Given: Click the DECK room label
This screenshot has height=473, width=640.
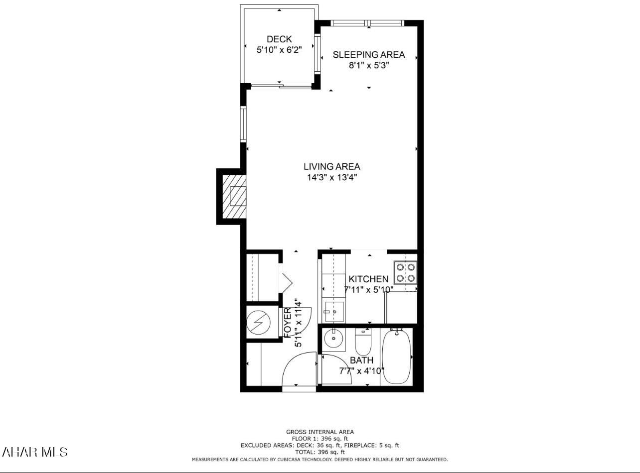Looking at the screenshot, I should [x=279, y=39].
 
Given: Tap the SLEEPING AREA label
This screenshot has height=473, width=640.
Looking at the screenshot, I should [x=369, y=54].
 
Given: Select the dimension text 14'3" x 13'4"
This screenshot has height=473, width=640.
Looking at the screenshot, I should [x=332, y=177].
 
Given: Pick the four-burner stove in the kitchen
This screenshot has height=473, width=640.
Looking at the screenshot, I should [x=405, y=272].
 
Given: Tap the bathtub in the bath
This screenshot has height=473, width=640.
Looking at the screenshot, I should [x=396, y=356].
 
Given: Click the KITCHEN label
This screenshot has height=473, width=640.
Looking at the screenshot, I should [x=368, y=279].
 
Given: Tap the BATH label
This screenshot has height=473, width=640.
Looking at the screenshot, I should [x=361, y=360].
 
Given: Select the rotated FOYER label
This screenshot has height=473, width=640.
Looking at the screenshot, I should [x=288, y=323].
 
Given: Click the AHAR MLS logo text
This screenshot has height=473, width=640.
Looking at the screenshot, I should [x=35, y=452].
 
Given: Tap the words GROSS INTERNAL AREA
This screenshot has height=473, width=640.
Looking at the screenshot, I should [x=320, y=432].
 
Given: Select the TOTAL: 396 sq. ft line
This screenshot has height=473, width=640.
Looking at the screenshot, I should [x=320, y=452].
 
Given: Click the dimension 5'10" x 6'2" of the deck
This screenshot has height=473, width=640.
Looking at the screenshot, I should [x=279, y=50].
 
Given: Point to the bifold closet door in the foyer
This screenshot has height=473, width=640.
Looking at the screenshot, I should [x=287, y=281].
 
